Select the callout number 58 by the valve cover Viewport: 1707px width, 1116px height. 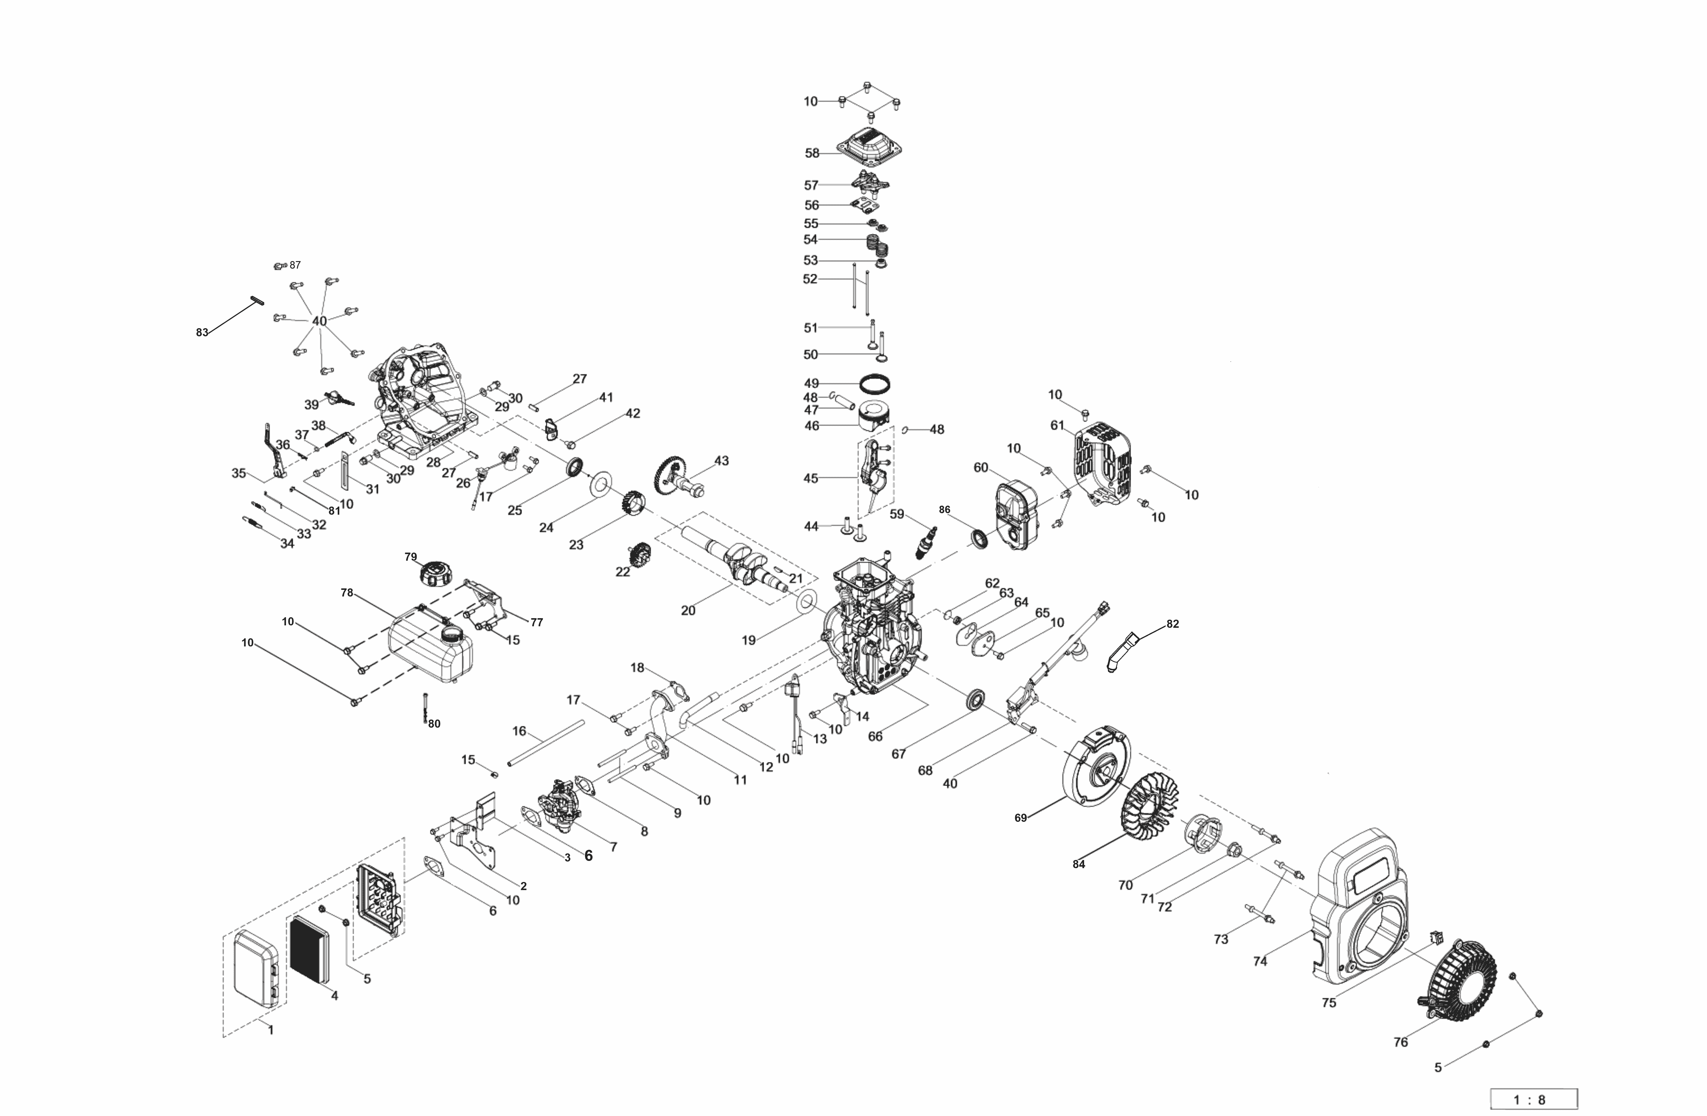pyautogui.click(x=812, y=153)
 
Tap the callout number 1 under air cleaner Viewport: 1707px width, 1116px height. pyautogui.click(x=270, y=1030)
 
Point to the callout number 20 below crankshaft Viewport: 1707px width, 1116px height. pyautogui.click(x=688, y=611)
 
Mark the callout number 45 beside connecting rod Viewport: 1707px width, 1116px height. pyautogui.click(x=810, y=478)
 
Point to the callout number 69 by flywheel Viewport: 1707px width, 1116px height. pyautogui.click(x=1021, y=818)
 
